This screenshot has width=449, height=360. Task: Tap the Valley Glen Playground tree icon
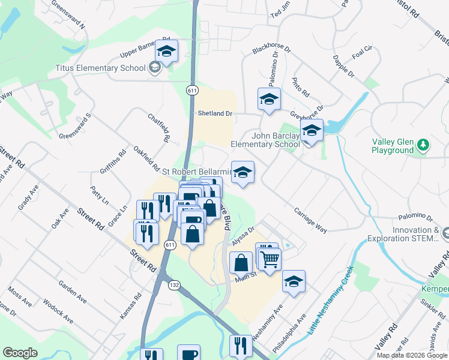point(424,145)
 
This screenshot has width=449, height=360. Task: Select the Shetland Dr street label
point(215,113)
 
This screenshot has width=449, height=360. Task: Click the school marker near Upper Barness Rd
point(167,51)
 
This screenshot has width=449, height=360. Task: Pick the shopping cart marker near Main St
point(270,259)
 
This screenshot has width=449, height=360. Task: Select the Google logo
point(20,353)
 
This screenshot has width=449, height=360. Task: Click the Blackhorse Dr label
point(271,48)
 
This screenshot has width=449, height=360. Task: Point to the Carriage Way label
point(310,220)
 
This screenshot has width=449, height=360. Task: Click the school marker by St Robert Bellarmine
point(242,173)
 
